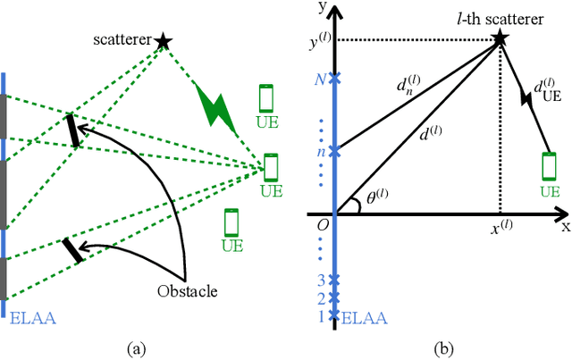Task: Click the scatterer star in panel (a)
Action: (x=162, y=40)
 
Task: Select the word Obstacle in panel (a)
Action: (x=185, y=290)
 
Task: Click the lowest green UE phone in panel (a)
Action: (x=232, y=222)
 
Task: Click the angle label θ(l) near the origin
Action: (x=367, y=201)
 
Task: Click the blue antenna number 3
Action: (x=322, y=280)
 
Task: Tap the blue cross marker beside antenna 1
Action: (x=334, y=314)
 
